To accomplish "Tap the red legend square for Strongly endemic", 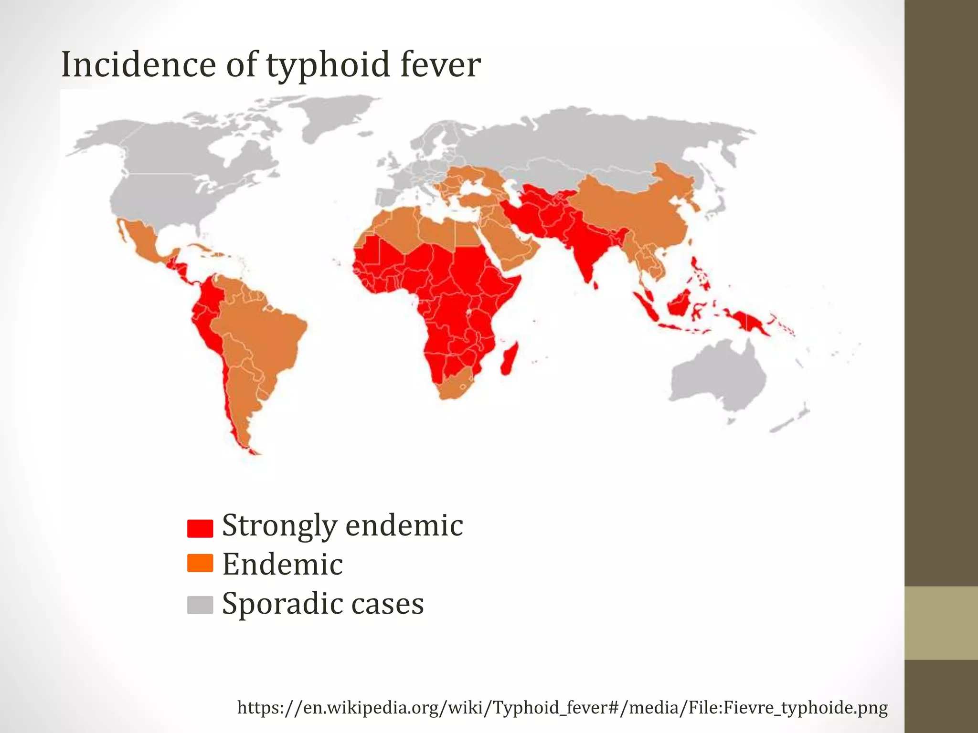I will [x=200, y=528].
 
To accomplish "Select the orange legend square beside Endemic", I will [x=200, y=563].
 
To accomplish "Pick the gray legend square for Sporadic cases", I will [x=200, y=605].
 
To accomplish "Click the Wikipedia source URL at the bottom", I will [x=562, y=707].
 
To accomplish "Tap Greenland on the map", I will [x=334, y=115].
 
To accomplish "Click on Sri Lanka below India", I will [x=595, y=285].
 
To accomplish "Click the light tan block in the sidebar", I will [x=941, y=623].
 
